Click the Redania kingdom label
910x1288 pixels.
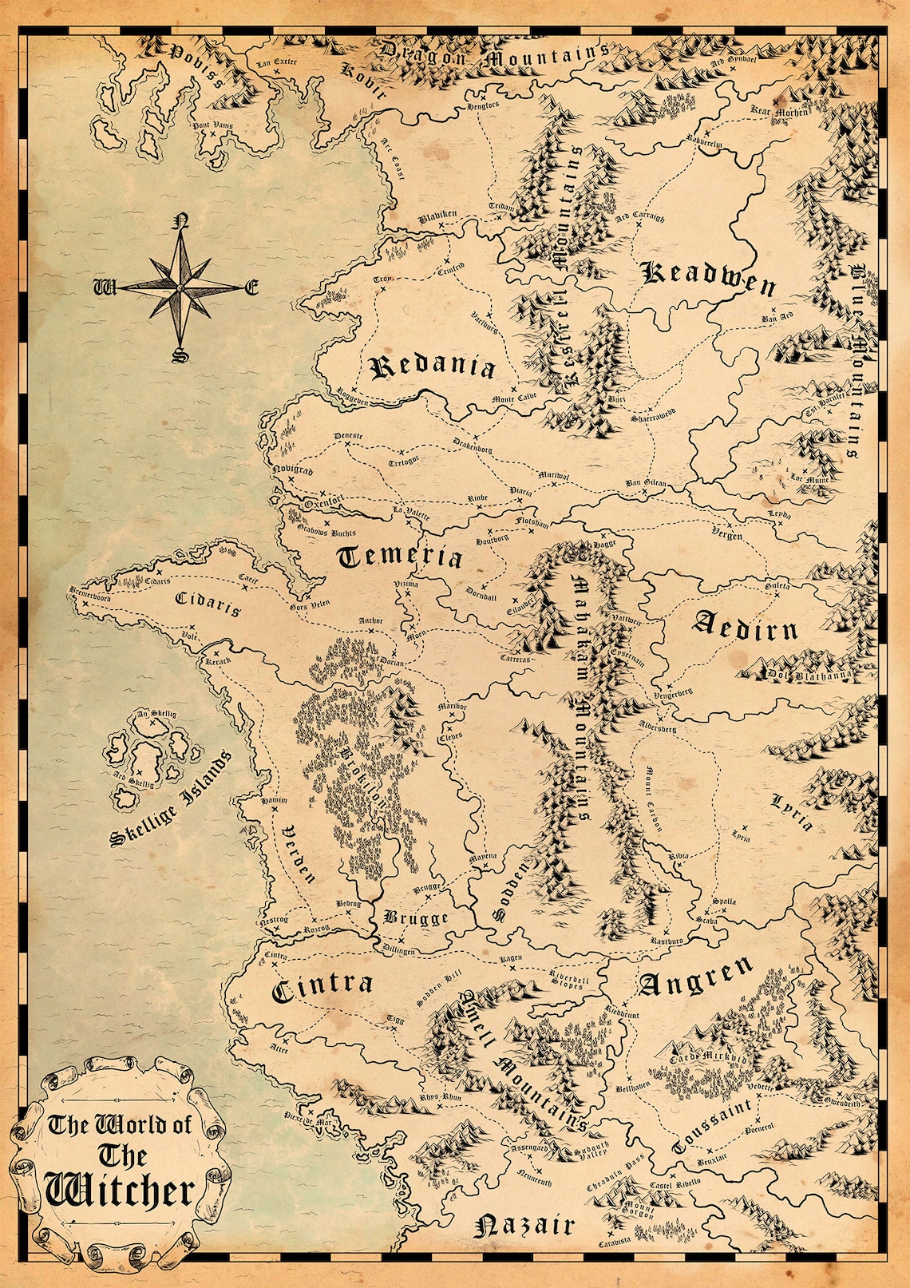433,368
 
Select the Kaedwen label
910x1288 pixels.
709,278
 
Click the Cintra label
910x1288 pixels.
322,988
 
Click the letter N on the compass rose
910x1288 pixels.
182,221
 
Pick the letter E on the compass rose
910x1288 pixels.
251,287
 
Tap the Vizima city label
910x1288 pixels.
406,585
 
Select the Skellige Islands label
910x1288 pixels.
169,799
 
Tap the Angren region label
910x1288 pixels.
694,977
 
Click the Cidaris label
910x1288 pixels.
207,604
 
